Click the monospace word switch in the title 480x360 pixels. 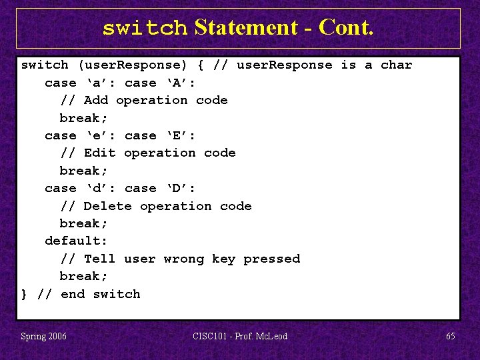145,28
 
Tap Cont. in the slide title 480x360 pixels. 346,27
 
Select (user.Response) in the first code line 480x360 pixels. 133,65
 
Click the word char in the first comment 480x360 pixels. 396,65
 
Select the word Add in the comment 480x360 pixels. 96,100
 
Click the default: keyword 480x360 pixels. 76,241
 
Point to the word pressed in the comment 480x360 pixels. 271,259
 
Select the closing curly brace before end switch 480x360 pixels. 25,294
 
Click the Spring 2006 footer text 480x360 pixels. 43,336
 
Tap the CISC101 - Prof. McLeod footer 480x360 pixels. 240,336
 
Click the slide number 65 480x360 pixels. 451,336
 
